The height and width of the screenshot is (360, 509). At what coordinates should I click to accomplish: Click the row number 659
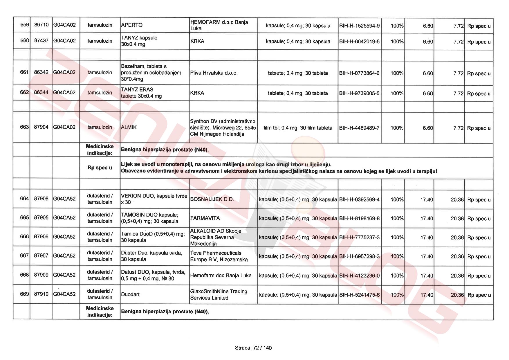pyautogui.click(x=24, y=25)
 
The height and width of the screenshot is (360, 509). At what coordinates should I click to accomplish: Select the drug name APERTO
pyautogui.click(x=132, y=25)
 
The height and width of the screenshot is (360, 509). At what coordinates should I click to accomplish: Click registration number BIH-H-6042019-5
pyautogui.click(x=359, y=42)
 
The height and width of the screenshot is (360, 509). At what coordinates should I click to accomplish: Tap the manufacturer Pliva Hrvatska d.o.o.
pyautogui.click(x=214, y=73)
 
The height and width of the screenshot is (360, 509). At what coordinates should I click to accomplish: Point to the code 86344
pyautogui.click(x=41, y=93)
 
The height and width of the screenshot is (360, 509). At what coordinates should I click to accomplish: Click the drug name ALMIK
pyautogui.click(x=129, y=127)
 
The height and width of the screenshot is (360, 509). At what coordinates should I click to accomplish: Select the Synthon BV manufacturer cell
pyautogui.click(x=223, y=128)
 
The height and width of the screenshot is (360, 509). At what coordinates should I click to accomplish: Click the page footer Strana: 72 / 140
pyautogui.click(x=253, y=348)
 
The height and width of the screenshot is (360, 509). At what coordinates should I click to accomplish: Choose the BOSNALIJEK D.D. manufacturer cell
pyautogui.click(x=212, y=199)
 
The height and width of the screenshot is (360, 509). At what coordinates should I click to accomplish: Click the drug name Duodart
pyautogui.click(x=130, y=294)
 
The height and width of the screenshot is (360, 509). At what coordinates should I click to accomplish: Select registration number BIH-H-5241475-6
pyautogui.click(x=359, y=295)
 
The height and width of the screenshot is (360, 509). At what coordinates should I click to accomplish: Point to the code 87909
pyautogui.click(x=41, y=275)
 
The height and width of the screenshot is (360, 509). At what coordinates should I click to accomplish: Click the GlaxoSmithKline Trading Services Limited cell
pyautogui.click(x=219, y=294)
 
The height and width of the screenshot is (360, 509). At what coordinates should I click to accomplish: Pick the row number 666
pyautogui.click(x=24, y=237)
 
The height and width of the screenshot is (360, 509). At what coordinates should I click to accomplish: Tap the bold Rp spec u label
pyautogui.click(x=100, y=168)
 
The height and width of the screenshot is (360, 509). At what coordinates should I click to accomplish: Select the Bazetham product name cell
pyautogui.click(x=152, y=73)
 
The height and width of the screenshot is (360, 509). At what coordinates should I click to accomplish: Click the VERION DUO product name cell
pyautogui.click(x=154, y=199)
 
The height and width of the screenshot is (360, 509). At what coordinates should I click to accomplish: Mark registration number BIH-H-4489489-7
pyautogui.click(x=359, y=128)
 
